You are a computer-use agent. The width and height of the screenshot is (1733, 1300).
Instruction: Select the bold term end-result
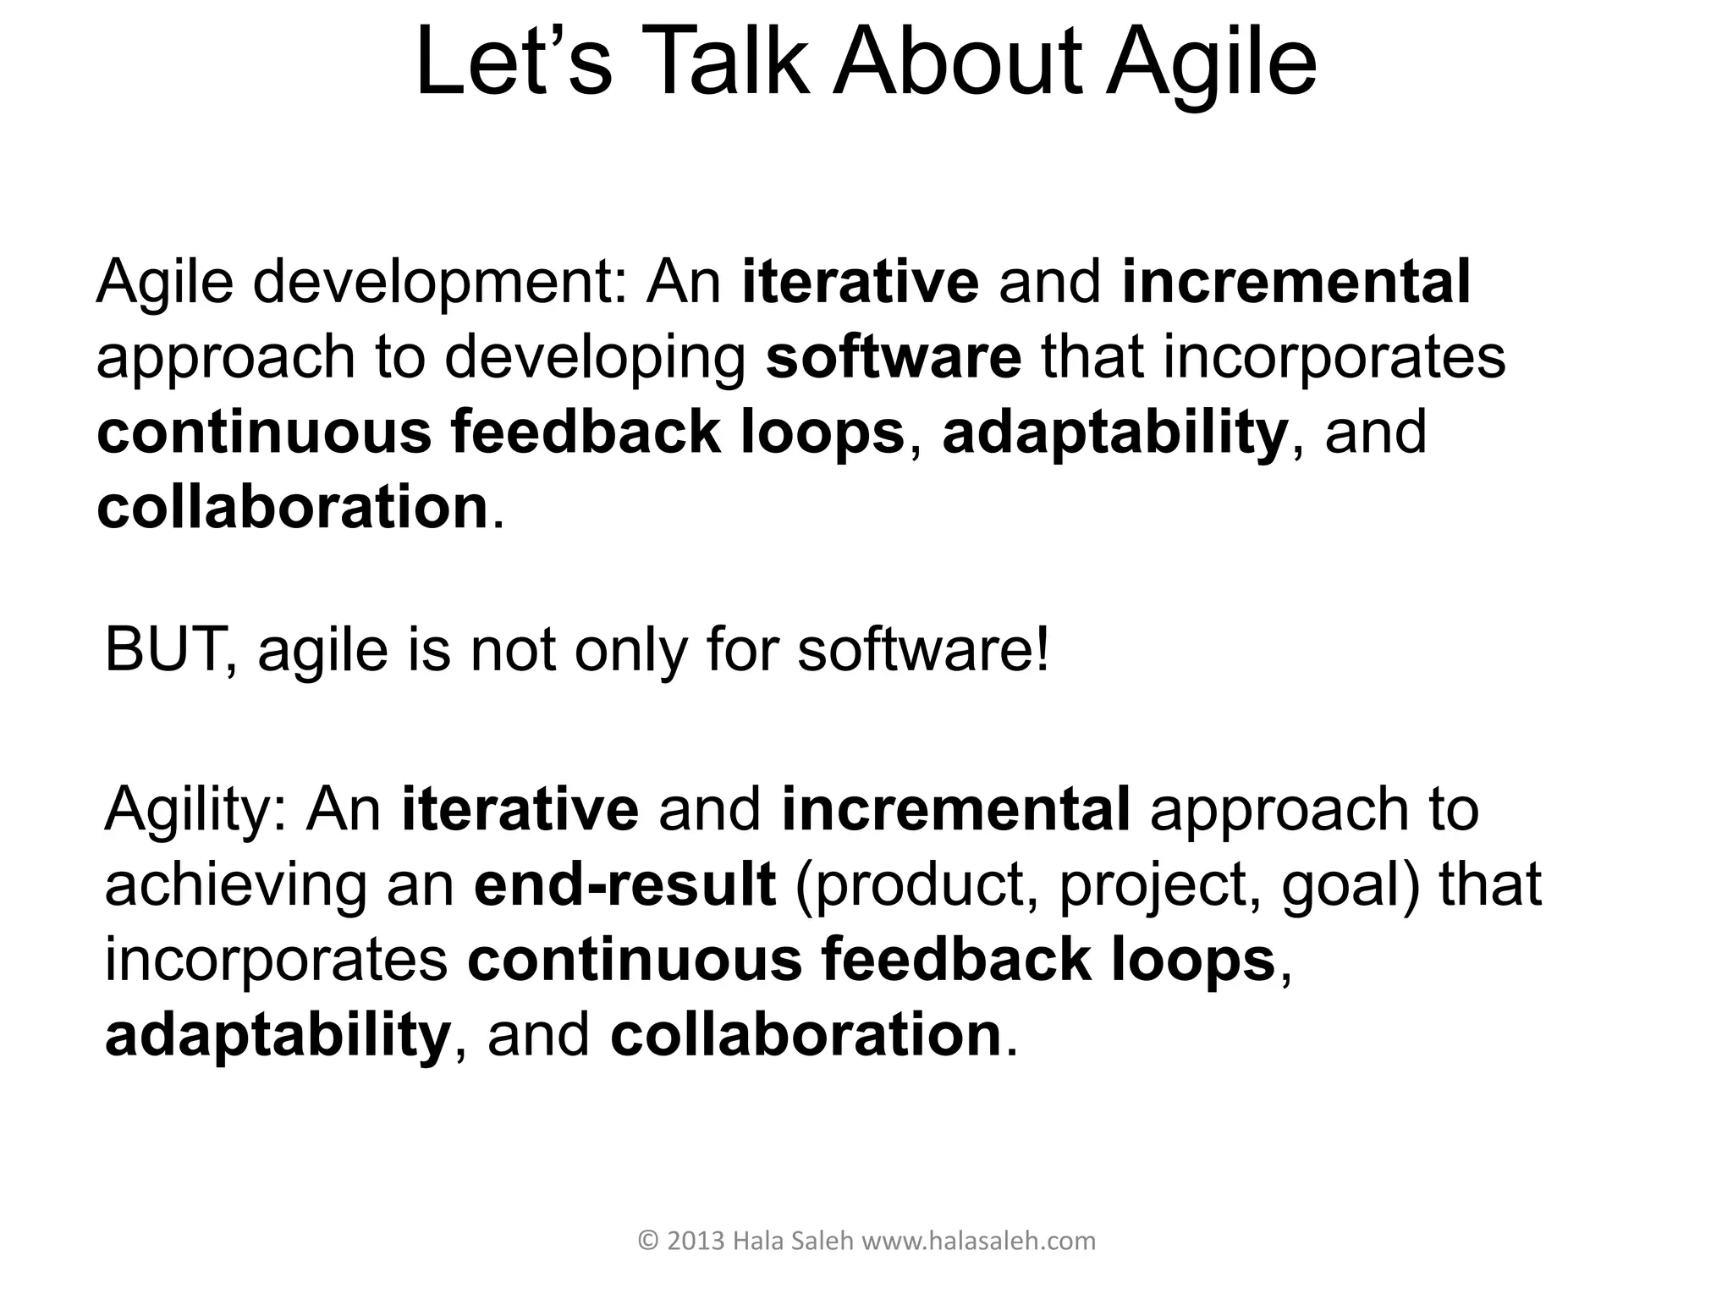(x=624, y=884)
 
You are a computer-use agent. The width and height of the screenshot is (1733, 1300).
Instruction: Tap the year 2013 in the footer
(x=696, y=1241)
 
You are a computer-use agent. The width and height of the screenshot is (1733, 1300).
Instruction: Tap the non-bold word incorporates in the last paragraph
(x=276, y=961)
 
